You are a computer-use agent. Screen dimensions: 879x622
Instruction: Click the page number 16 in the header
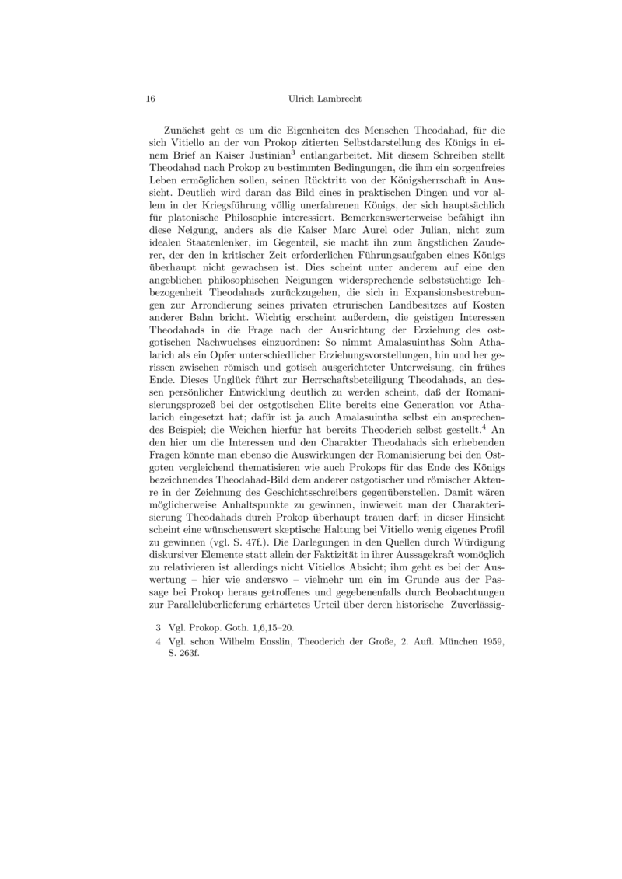[151, 99]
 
